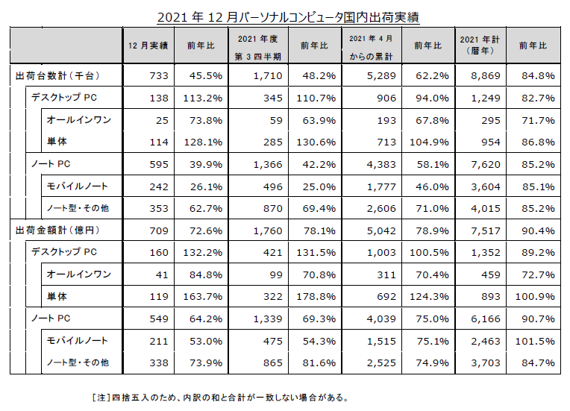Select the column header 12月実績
click(148, 46)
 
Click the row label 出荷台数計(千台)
click(57, 75)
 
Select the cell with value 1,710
click(266, 75)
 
